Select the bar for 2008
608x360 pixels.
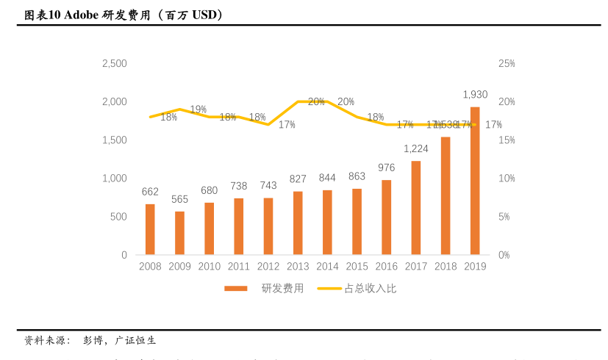pyautogui.click(x=150, y=229)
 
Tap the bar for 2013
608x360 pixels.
pyautogui.click(x=298, y=223)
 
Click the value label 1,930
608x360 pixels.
pyautogui.click(x=475, y=95)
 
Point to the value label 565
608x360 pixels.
pyautogui.click(x=179, y=199)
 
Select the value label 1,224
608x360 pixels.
pyautogui.click(x=416, y=148)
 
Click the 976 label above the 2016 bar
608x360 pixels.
pyautogui.click(x=387, y=168)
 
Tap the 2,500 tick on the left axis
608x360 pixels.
pyautogui.click(x=114, y=64)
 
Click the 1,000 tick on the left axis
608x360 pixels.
pyautogui.click(x=114, y=179)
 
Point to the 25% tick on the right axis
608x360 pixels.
pyautogui.click(x=506, y=64)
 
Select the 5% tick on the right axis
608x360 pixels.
pyautogui.click(x=504, y=217)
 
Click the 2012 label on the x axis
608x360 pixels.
pyautogui.click(x=268, y=267)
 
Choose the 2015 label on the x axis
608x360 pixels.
pyautogui.click(x=357, y=267)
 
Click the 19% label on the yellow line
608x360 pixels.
pyautogui.click(x=199, y=109)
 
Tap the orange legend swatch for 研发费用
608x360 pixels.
pyautogui.click(x=236, y=289)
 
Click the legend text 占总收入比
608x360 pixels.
pyautogui.click(x=371, y=289)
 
